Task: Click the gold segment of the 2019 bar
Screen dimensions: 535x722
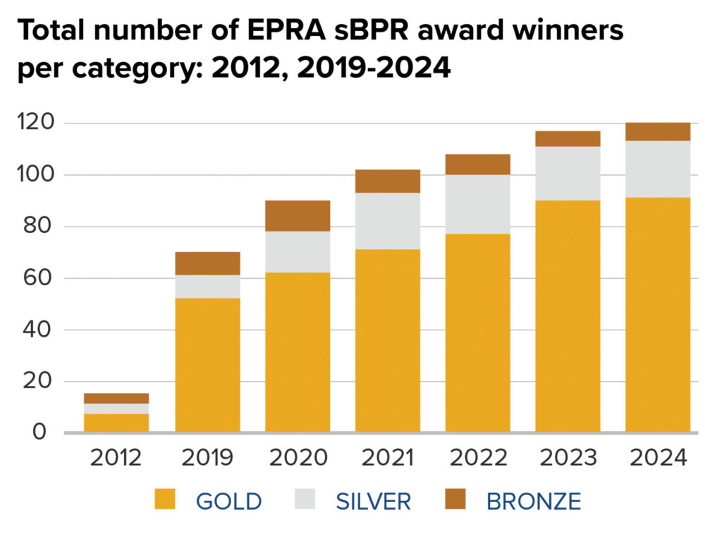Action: (x=207, y=365)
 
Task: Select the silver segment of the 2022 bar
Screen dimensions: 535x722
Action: (x=477, y=204)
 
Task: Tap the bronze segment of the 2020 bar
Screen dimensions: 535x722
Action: (x=298, y=216)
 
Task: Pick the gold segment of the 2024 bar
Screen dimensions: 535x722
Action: (x=657, y=315)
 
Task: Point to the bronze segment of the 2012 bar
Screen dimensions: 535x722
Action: (x=116, y=398)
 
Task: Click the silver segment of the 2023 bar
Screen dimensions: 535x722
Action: (x=568, y=174)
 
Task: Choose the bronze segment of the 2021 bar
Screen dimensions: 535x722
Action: (x=388, y=181)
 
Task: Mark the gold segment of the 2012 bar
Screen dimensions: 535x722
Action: (x=116, y=423)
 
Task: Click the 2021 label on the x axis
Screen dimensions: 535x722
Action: (x=388, y=457)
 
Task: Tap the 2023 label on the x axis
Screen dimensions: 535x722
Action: (x=568, y=457)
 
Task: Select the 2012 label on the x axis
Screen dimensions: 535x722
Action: (x=116, y=457)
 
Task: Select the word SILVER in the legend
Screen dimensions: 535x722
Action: (x=373, y=501)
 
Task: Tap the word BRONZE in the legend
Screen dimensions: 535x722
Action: (x=534, y=501)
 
